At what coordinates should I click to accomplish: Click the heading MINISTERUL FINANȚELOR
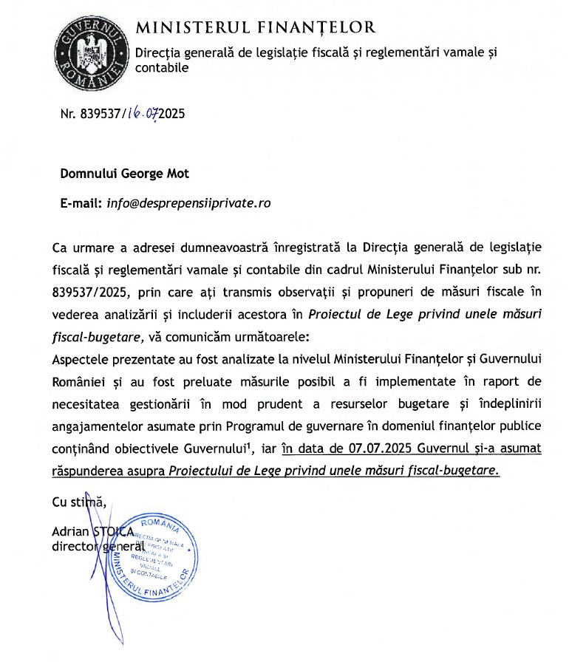pyautogui.click(x=256, y=28)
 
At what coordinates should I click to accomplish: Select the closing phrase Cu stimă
pyautogui.click(x=79, y=502)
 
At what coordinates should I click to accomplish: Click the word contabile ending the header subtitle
pyautogui.click(x=162, y=68)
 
